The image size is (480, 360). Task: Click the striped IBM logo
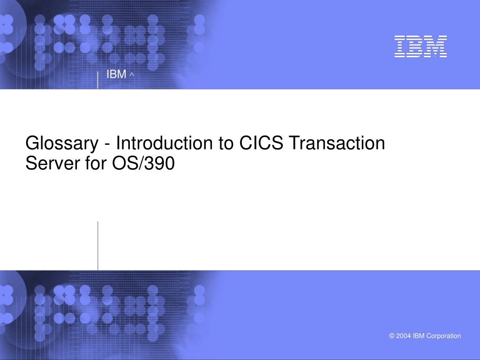coord(420,46)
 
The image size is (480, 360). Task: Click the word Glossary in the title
coord(62,144)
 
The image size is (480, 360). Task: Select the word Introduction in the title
coord(165,143)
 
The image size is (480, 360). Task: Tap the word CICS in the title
coord(261,143)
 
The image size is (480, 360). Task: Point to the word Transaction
coord(337,143)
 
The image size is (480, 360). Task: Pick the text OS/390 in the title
coord(143,163)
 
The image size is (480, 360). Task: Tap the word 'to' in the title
coord(226,143)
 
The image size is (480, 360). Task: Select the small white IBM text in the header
coord(116,74)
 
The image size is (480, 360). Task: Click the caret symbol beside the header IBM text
coord(132,74)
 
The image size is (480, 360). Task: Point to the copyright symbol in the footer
coord(392,336)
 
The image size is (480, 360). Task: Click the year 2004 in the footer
coord(404,336)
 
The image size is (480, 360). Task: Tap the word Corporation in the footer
coord(443,336)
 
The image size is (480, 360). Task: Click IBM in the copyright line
coord(419,336)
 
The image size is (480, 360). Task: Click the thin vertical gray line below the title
coord(98,246)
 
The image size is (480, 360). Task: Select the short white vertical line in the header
coord(97,80)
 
